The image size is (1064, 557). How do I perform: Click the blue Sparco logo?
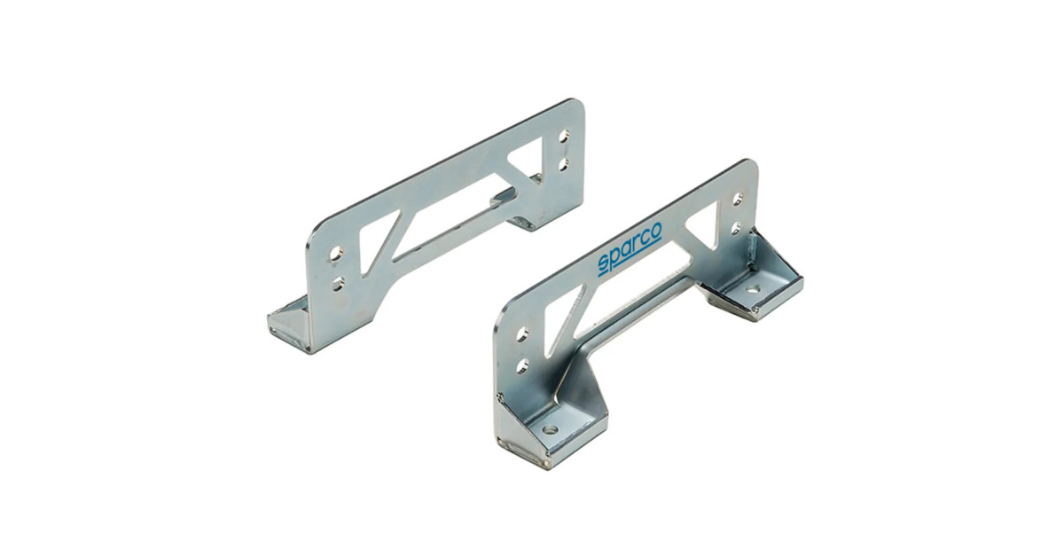[x=630, y=249]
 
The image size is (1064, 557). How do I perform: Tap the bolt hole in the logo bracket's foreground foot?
[x=551, y=429]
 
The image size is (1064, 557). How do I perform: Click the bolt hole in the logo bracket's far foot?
[x=752, y=288]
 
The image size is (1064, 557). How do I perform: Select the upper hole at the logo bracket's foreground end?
[x=522, y=334]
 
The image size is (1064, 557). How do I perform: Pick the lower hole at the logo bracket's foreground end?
[x=522, y=366]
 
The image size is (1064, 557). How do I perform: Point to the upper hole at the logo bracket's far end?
[x=738, y=200]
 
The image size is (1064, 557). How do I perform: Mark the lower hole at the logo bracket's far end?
[x=736, y=228]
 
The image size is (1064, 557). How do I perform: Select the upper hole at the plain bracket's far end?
[x=564, y=137]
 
